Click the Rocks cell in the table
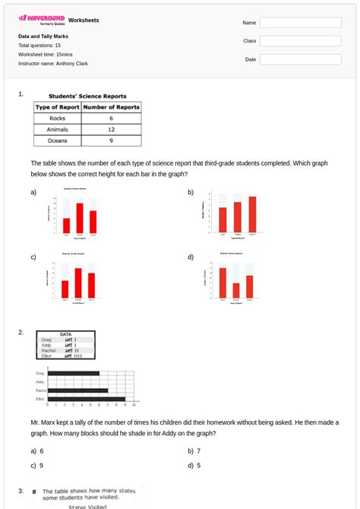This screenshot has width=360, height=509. pyautogui.click(x=57, y=119)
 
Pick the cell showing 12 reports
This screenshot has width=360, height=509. pyautogui.click(x=111, y=129)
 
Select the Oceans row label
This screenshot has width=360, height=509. pyautogui.click(x=57, y=141)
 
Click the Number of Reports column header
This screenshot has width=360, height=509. pyautogui.click(x=111, y=108)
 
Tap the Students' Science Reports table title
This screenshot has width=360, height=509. pyautogui.click(x=87, y=96)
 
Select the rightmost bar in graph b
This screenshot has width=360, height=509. pyautogui.click(x=252, y=213)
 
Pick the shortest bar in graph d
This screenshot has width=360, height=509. pyautogui.click(x=236, y=290)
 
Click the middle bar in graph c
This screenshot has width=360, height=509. pyautogui.click(x=78, y=282)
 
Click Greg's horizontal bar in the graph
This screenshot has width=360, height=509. pyautogui.click(x=72, y=374)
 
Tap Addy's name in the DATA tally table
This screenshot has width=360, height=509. pyautogui.click(x=47, y=345)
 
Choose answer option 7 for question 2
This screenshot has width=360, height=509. pyautogui.click(x=198, y=451)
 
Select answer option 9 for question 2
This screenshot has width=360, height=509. pyautogui.click(x=41, y=465)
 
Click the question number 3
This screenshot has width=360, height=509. pyautogui.click(x=21, y=491)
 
